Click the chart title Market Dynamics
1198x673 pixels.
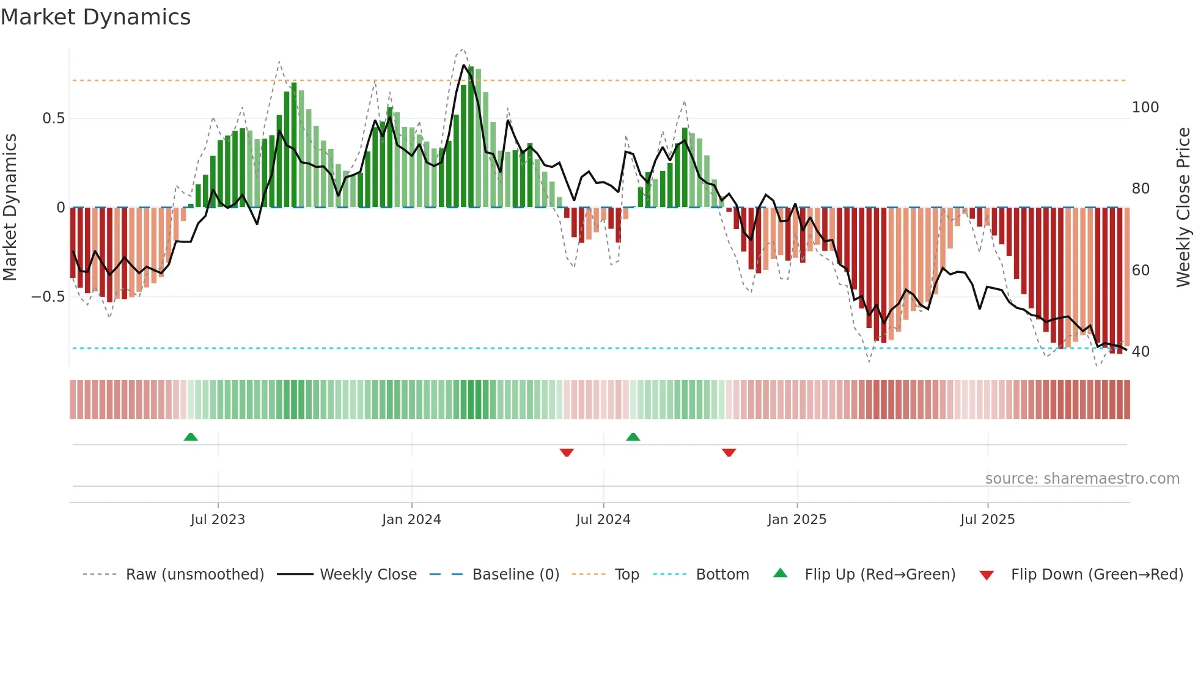pos(95,17)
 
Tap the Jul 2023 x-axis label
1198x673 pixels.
pos(218,520)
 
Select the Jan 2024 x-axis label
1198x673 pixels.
pos(411,520)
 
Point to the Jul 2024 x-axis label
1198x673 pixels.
pos(603,520)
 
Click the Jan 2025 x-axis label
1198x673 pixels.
pos(797,520)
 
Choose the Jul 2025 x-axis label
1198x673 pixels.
pos(988,520)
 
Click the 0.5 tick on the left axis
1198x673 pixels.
pos(53,118)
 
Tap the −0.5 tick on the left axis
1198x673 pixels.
pos(48,297)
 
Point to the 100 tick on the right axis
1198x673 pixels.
pos(1145,107)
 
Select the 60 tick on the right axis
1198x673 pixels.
pos(1141,271)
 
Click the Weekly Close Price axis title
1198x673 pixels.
pos(1183,208)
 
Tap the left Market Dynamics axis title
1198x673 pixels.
pos(10,208)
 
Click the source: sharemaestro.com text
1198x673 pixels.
pos(1082,479)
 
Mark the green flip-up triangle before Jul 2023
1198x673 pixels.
pos(191,437)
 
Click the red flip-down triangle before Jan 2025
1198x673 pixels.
pos(729,453)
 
